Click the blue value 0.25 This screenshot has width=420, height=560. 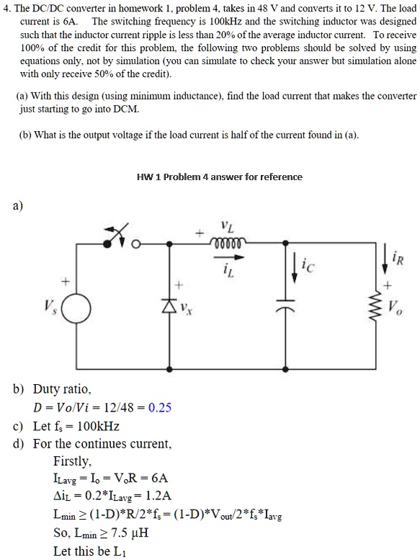[160, 407]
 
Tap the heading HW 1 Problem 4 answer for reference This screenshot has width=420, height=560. [219, 177]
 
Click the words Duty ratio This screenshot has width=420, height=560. [62, 389]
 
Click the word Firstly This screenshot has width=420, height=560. [72, 461]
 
